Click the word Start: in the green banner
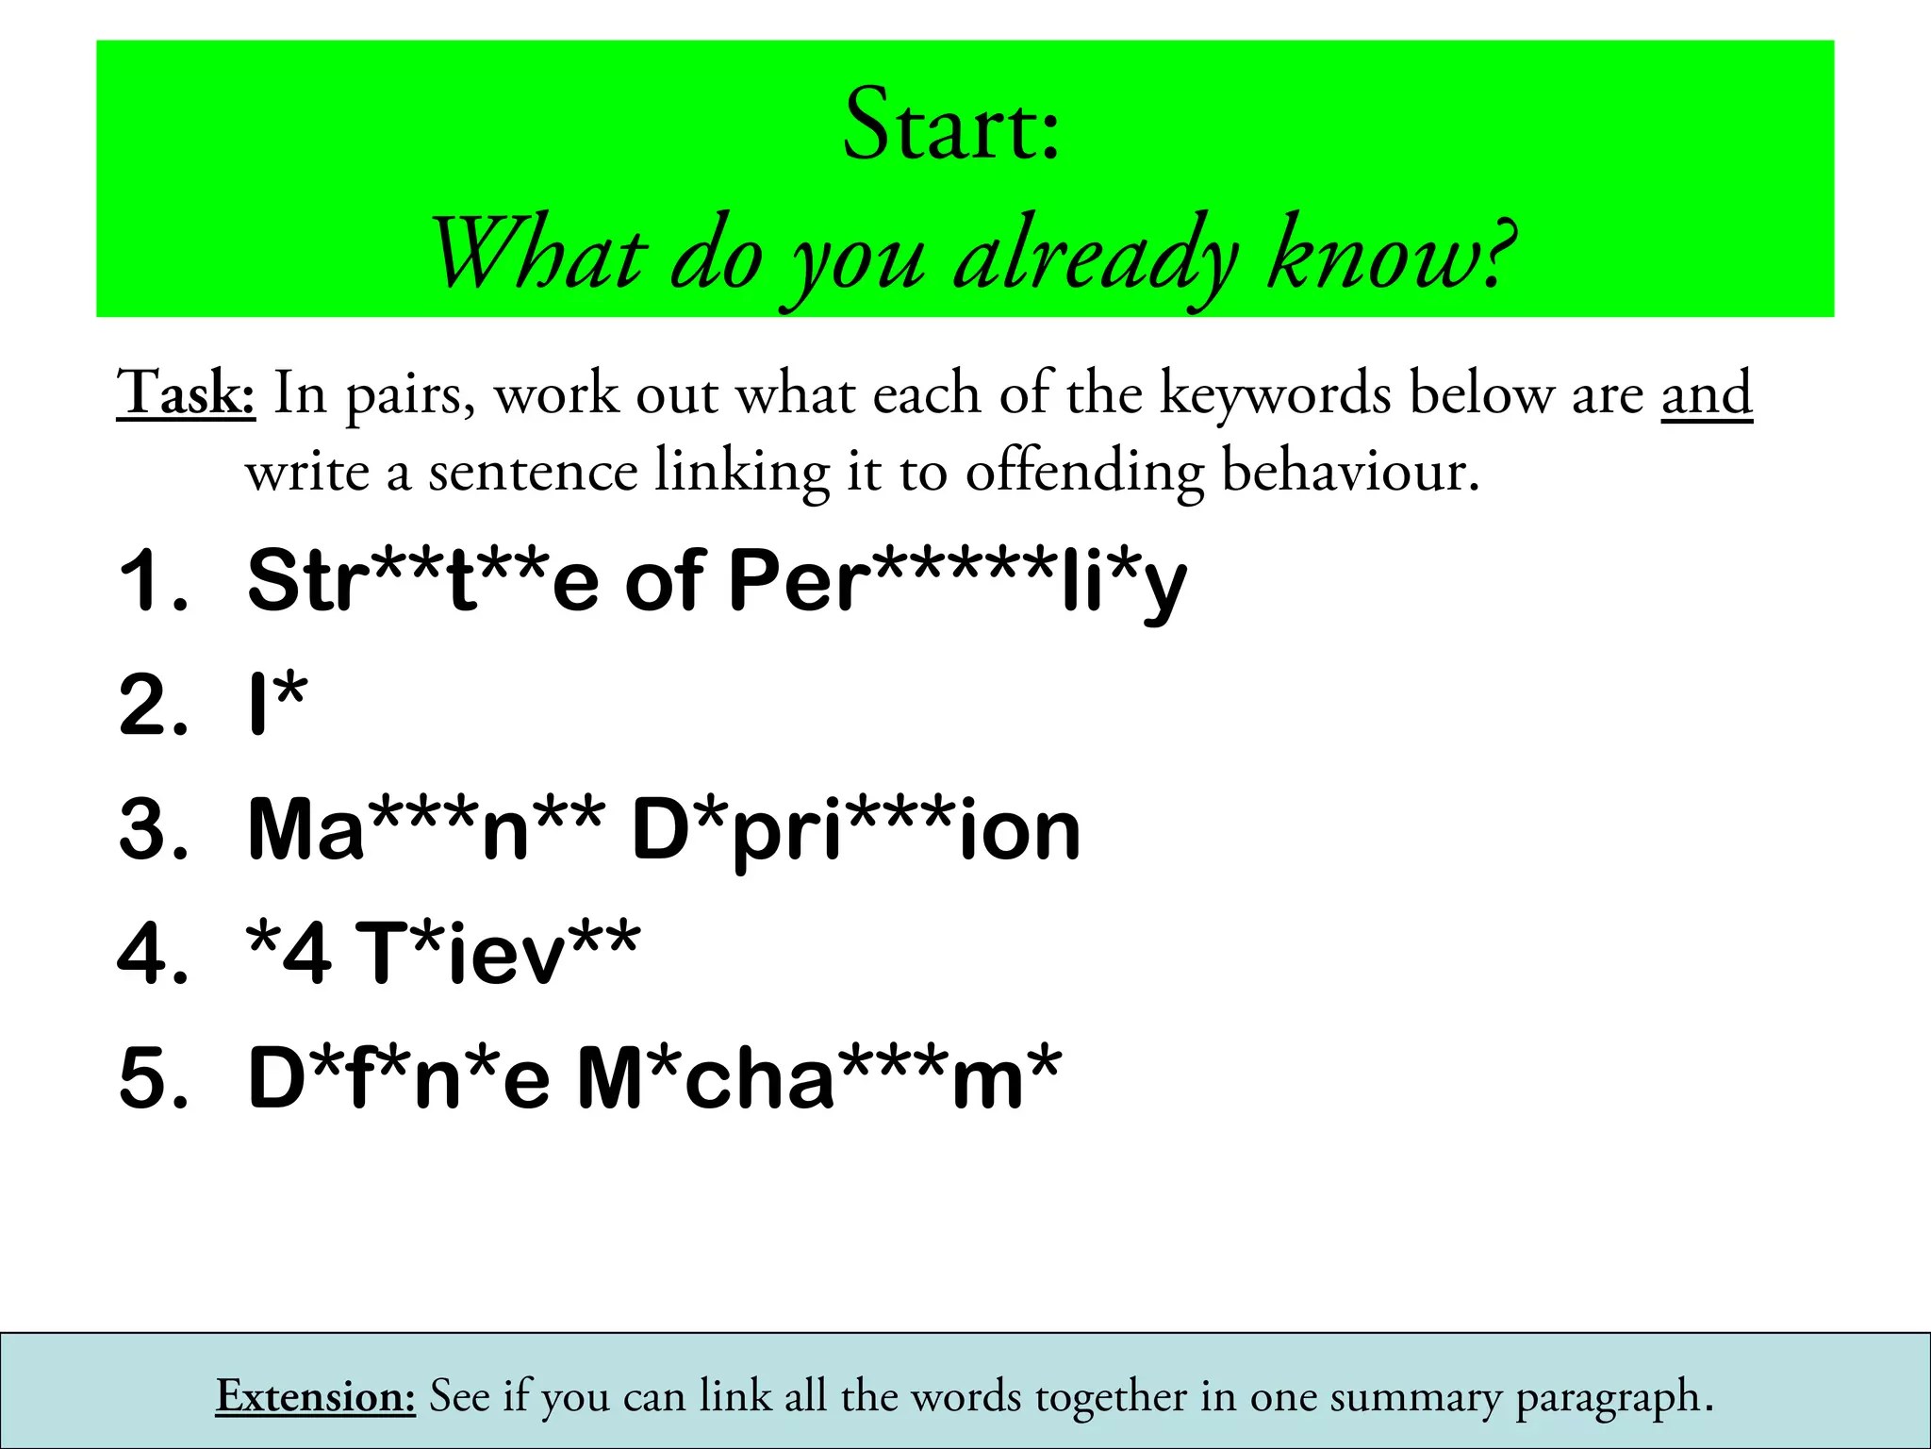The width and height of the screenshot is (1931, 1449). (x=951, y=125)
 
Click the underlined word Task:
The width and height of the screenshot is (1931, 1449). (x=186, y=393)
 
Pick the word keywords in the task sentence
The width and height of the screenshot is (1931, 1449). (x=1275, y=393)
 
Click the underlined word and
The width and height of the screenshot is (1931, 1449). (x=1707, y=393)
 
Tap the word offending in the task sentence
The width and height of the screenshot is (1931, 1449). (x=1084, y=472)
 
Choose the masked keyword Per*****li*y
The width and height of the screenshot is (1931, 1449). (x=957, y=583)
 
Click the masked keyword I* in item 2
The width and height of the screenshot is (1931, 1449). (x=277, y=704)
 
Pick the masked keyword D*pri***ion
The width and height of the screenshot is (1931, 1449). (x=855, y=830)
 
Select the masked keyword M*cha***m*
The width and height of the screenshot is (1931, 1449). (x=818, y=1077)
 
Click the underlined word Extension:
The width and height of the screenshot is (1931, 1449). (x=316, y=1396)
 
